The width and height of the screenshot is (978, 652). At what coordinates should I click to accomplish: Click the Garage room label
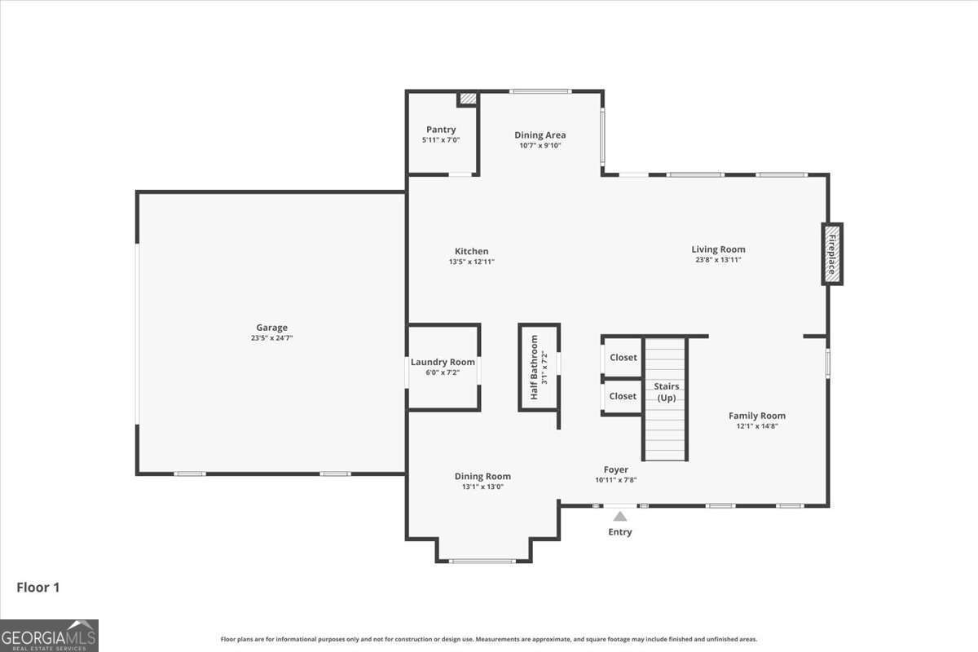pyautogui.click(x=272, y=328)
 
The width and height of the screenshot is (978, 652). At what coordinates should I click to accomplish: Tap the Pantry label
pyautogui.click(x=441, y=130)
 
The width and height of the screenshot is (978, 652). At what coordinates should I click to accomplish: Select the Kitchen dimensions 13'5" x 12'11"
pyautogui.click(x=471, y=262)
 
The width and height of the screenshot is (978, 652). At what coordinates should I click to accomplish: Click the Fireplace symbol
pyautogui.click(x=831, y=254)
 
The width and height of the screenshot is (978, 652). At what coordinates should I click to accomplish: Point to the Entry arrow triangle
pyautogui.click(x=619, y=516)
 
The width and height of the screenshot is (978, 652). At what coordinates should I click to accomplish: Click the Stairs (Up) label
pyautogui.click(x=667, y=392)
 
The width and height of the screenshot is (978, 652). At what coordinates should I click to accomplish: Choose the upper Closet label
pyautogui.click(x=623, y=358)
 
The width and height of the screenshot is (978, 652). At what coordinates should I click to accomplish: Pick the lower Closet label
pyautogui.click(x=623, y=396)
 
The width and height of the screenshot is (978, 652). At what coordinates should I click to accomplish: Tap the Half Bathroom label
pyautogui.click(x=535, y=368)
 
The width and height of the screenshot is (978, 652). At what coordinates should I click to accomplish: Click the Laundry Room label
pyautogui.click(x=443, y=363)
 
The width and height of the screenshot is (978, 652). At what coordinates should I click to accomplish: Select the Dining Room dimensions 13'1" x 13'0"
pyautogui.click(x=482, y=487)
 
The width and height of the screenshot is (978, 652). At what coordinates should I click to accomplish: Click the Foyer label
pyautogui.click(x=615, y=469)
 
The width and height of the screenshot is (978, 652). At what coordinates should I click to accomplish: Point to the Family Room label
pyautogui.click(x=756, y=416)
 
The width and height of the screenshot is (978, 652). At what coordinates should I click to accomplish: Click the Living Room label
pyautogui.click(x=718, y=249)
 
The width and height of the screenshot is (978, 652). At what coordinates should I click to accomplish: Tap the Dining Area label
pyautogui.click(x=540, y=135)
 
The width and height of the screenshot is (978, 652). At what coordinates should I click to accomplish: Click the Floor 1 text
pyautogui.click(x=38, y=587)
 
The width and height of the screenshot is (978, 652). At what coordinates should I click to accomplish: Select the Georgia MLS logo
pyautogui.click(x=49, y=635)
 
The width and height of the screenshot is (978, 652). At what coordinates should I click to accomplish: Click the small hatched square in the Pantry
pyautogui.click(x=467, y=99)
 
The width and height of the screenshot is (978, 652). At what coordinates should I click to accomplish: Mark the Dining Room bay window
pyautogui.click(x=482, y=561)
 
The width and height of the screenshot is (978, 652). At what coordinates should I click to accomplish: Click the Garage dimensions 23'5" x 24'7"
pyautogui.click(x=272, y=337)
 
